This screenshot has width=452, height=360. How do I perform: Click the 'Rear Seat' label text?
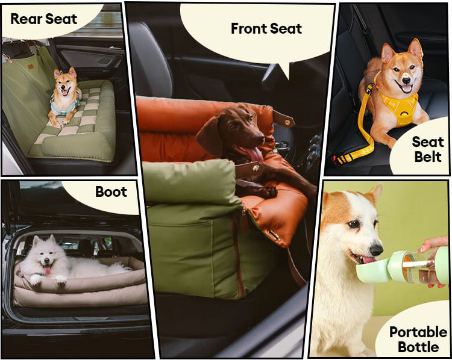click(x=43, y=19)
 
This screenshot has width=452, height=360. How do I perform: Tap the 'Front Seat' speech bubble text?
click(x=266, y=28)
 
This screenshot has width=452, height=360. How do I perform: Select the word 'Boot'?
click(x=111, y=191)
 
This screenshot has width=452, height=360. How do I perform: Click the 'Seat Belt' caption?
click(x=428, y=149)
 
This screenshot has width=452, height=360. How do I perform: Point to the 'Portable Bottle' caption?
click(x=418, y=340)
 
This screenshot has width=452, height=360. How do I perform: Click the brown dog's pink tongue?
click(x=254, y=154)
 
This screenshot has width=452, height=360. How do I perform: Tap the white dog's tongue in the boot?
click(x=48, y=270)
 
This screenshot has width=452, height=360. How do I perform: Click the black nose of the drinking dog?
click(x=376, y=249)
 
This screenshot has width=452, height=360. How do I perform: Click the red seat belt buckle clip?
click(x=336, y=160)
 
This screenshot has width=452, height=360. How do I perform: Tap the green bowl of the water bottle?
click(x=372, y=271)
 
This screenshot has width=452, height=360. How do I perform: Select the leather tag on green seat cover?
click(x=30, y=67)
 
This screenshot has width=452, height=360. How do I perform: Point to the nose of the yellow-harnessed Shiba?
click(x=406, y=80)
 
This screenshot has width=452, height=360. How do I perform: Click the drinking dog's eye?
click(x=353, y=224)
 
